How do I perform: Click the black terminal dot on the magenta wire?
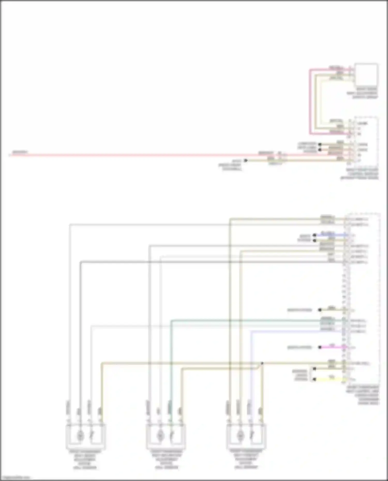pos(320,347)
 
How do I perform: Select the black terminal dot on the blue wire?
pos(314,235)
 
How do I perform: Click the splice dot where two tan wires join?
pos(262,363)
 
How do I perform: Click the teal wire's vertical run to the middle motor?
pos(171,362)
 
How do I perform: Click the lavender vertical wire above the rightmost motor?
pos(251,367)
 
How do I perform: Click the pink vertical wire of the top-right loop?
pos(310,103)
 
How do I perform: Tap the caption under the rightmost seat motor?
pos(246,459)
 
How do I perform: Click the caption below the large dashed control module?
pos(363,395)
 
